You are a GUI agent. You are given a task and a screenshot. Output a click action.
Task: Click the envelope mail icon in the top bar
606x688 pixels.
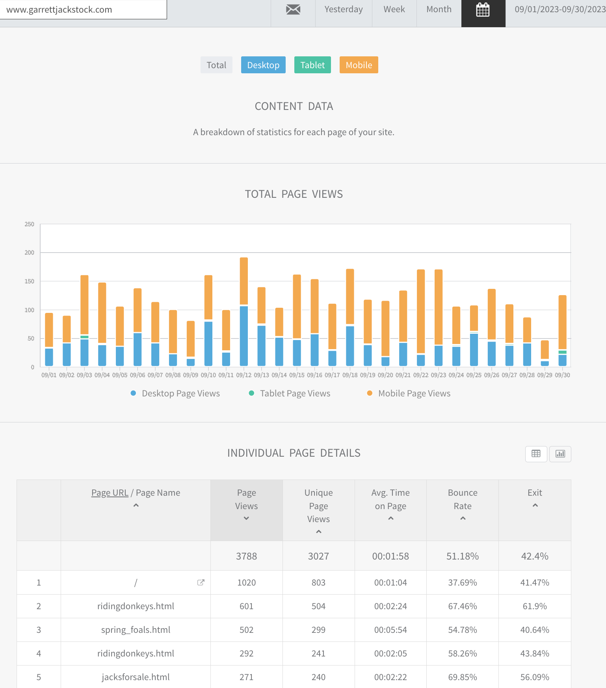coord(293,9)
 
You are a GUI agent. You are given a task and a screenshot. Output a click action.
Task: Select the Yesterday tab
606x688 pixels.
coord(344,9)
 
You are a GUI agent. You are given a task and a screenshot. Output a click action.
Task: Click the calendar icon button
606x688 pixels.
coord(483,10)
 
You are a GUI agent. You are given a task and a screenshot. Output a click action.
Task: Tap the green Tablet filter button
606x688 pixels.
coord(312,65)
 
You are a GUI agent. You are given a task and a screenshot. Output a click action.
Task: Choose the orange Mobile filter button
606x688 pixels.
coord(359,65)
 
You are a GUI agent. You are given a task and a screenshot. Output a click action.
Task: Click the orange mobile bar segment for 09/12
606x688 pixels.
coord(244,281)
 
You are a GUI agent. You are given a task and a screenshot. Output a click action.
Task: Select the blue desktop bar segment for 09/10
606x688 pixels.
coord(208,344)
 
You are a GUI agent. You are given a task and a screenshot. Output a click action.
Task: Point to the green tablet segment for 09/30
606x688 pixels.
coord(563,352)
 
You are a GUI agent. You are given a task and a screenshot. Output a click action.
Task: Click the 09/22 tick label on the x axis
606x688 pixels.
coord(421,375)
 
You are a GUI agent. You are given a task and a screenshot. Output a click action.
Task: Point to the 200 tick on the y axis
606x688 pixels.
coord(30,253)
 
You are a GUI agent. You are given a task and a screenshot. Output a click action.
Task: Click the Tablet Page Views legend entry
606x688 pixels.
coord(290,393)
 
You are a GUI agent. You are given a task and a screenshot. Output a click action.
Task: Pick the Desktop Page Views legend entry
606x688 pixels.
coord(175,393)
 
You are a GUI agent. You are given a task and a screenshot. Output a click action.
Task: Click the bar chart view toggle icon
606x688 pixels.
coord(560,454)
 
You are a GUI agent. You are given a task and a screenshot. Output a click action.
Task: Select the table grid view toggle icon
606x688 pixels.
coord(536,454)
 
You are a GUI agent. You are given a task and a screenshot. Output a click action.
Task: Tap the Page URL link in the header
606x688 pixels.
coord(110,493)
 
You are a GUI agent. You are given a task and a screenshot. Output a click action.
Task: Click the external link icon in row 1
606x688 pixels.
coord(201,582)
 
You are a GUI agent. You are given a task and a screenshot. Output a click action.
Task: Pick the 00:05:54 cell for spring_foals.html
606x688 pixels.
coord(390,630)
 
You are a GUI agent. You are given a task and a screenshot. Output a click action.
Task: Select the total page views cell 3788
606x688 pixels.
coord(247,556)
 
